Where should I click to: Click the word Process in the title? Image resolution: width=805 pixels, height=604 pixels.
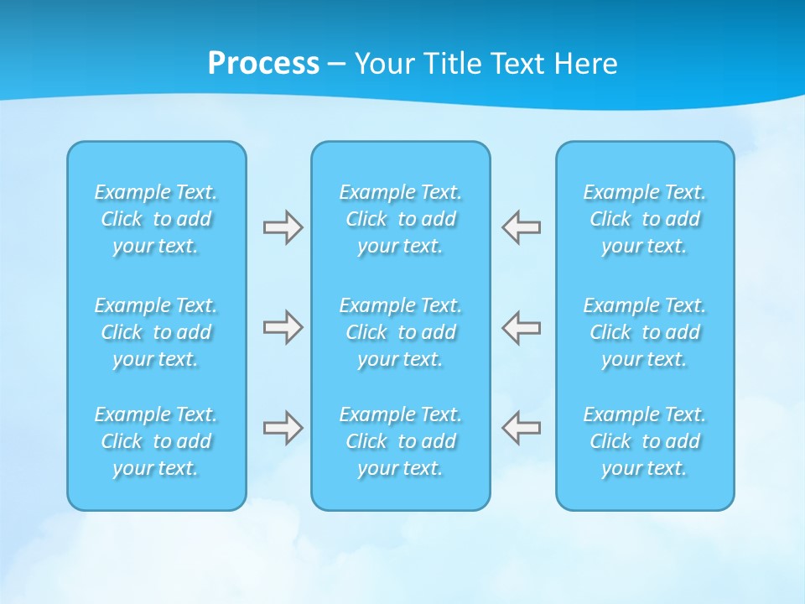tap(263, 64)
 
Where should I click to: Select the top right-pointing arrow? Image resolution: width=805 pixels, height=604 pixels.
tap(283, 227)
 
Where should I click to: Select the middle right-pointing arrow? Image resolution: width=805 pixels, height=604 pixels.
tap(283, 327)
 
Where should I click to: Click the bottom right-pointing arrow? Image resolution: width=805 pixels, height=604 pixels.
tap(283, 428)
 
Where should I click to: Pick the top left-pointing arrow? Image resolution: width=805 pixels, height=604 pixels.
tap(522, 227)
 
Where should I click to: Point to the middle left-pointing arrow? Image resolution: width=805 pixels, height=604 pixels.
tap(522, 327)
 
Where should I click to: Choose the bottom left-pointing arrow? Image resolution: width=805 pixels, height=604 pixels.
tap(522, 428)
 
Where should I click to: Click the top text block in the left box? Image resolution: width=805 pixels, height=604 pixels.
tap(156, 219)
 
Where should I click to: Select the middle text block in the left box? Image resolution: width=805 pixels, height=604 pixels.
tap(156, 332)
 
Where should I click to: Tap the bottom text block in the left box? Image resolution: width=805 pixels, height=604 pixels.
tap(156, 441)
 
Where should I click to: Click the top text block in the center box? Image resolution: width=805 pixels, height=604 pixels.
tap(401, 219)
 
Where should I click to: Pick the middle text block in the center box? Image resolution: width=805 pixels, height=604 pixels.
tap(401, 332)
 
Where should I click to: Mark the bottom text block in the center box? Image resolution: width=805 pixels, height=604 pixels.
tap(401, 441)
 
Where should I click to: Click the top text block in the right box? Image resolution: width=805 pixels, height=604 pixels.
tap(645, 219)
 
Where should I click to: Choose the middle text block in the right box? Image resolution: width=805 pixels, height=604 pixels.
tap(645, 332)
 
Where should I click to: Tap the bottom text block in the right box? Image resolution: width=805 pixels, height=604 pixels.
tap(645, 441)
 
